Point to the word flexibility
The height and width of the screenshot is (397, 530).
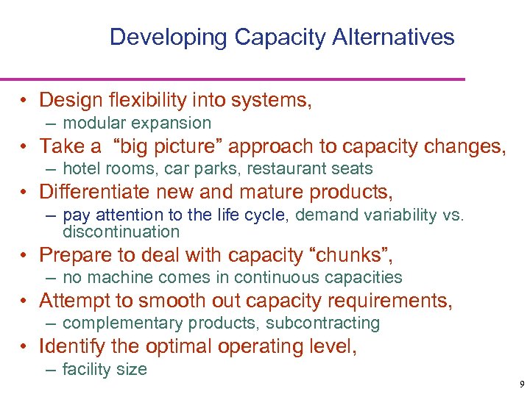tap(152, 100)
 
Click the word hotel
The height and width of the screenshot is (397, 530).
tap(80, 169)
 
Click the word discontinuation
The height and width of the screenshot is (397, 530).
tap(121, 232)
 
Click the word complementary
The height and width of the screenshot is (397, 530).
tap(124, 323)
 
